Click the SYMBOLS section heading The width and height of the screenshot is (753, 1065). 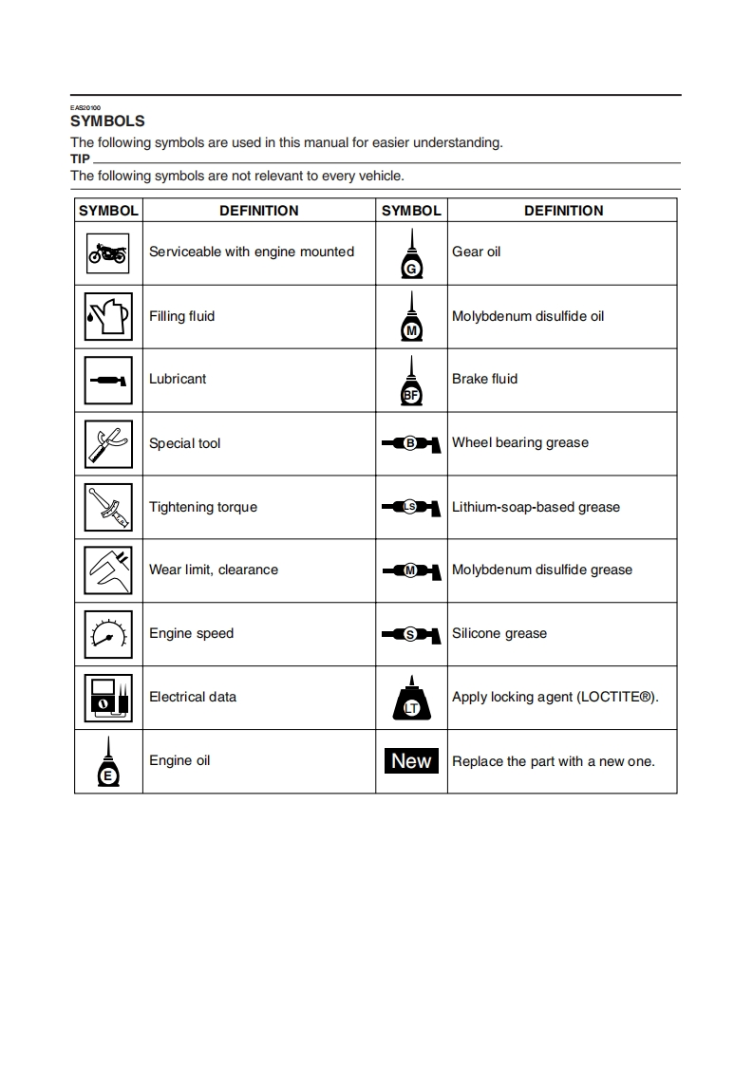[x=107, y=121]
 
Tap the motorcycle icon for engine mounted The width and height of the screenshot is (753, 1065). [x=107, y=252]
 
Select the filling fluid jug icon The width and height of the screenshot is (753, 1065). [x=107, y=316]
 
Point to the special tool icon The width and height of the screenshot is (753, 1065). [x=107, y=442]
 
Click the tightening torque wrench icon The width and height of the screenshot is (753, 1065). [x=107, y=507]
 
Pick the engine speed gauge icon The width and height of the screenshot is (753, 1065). [x=107, y=634]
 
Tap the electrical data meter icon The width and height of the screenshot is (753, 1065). [x=107, y=698]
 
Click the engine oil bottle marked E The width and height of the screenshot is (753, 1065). [x=107, y=761]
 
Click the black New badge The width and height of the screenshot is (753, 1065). [x=411, y=760]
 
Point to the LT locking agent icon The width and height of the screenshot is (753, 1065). [x=411, y=701]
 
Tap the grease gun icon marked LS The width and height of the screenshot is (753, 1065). [x=411, y=507]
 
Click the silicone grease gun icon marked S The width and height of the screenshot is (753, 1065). [x=411, y=634]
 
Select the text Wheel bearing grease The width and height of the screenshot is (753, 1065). [x=519, y=442]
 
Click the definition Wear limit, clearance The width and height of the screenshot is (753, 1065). [x=214, y=570]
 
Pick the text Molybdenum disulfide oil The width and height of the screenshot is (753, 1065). [x=527, y=316]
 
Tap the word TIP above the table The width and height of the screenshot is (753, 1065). [x=80, y=159]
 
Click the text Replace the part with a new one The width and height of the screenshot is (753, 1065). [x=553, y=761]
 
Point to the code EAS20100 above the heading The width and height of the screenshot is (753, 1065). [x=85, y=107]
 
